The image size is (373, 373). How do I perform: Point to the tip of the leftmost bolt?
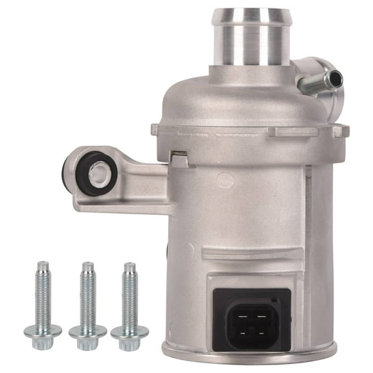pyautogui.click(x=43, y=266)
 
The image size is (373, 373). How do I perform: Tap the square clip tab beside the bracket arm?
pyautogui.click(x=179, y=158)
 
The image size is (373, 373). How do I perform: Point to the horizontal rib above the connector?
pyautogui.click(x=246, y=254)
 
